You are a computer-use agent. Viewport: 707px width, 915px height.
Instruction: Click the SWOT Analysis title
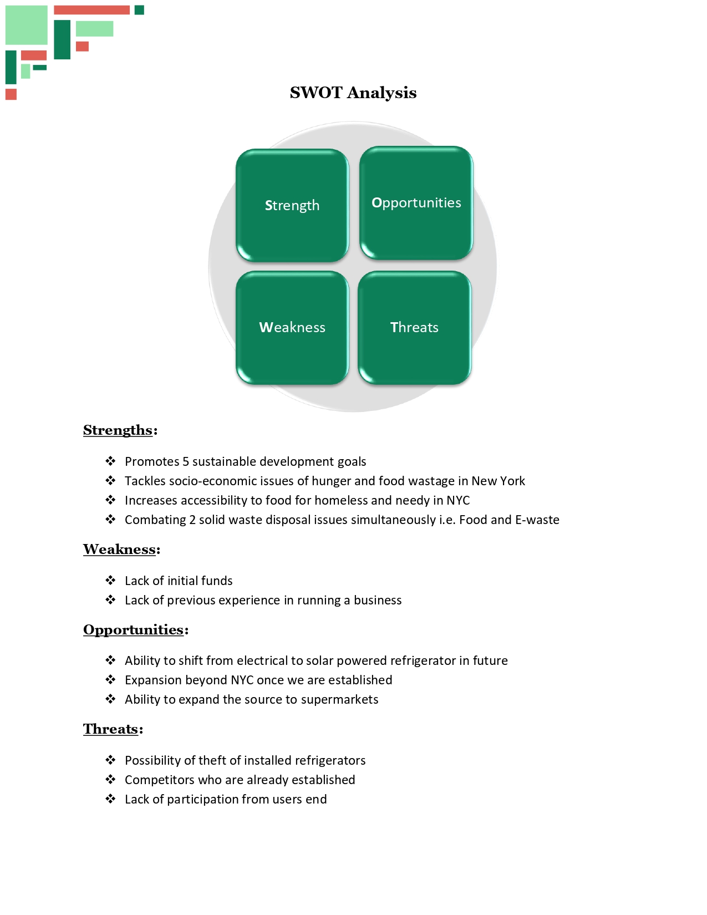tap(353, 93)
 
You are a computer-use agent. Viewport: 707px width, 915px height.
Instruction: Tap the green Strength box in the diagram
tap(292, 205)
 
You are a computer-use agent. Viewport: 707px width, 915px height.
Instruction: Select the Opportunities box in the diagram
tap(416, 203)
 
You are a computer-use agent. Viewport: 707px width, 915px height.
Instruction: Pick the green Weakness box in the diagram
tap(292, 327)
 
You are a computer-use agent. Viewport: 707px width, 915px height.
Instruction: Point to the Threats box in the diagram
tap(414, 327)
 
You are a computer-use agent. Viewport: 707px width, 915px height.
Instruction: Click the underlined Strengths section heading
tap(118, 430)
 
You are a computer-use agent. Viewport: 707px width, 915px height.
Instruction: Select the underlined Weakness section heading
tap(119, 550)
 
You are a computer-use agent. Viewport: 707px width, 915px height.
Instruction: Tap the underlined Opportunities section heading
tap(133, 630)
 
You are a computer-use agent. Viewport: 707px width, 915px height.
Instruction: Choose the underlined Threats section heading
tap(110, 729)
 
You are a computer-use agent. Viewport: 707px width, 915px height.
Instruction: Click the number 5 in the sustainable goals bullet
tap(186, 462)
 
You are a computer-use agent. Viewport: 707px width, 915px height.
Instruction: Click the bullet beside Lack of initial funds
tap(110, 581)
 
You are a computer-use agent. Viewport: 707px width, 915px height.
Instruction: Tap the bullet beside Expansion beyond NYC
tap(110, 680)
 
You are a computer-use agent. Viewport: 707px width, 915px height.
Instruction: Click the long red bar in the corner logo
tap(91, 10)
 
